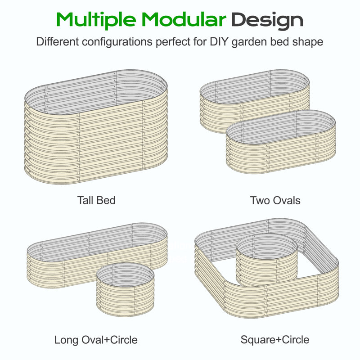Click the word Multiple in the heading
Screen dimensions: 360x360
96,20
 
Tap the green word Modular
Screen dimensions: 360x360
184,19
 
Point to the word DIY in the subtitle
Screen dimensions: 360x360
219,41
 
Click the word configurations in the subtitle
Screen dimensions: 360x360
117,42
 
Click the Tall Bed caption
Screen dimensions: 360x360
96,200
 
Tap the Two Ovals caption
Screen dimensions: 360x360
275,200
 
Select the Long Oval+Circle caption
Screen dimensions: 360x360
96,340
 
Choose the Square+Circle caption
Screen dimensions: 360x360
275,340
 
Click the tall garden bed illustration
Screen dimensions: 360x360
96,147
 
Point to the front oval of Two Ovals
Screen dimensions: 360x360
281,156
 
